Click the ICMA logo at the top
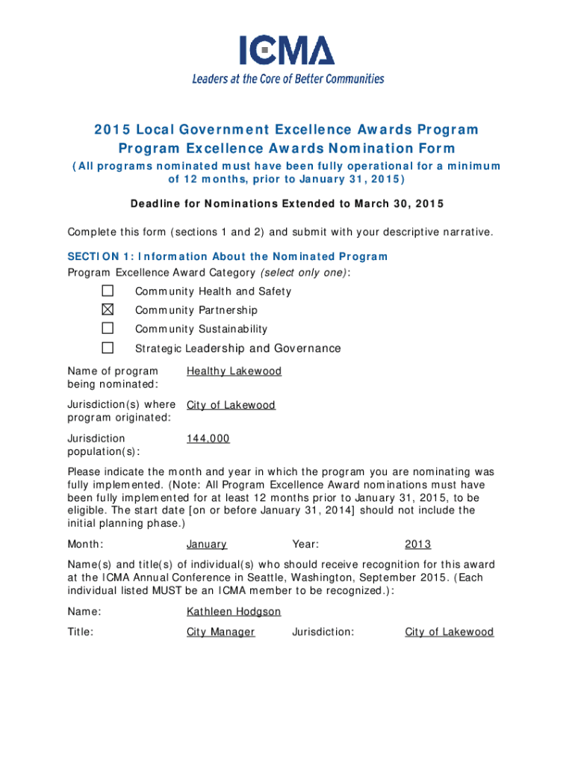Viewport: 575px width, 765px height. pyautogui.click(x=287, y=51)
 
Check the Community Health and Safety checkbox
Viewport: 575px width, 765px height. pyautogui.click(x=108, y=291)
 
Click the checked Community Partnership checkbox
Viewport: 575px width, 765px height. pyautogui.click(x=108, y=309)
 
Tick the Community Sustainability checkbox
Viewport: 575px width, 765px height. pyautogui.click(x=108, y=329)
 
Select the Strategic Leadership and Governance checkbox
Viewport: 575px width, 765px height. pyautogui.click(x=108, y=348)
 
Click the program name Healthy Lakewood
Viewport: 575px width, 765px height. pyautogui.click(x=234, y=371)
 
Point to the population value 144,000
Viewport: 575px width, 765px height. pyautogui.click(x=208, y=439)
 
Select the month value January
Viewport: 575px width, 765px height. pyautogui.click(x=207, y=545)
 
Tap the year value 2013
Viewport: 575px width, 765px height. pyautogui.click(x=417, y=545)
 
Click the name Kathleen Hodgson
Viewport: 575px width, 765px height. pyautogui.click(x=234, y=612)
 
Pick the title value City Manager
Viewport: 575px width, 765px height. pyautogui.click(x=220, y=632)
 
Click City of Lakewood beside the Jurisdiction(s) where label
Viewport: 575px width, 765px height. pyautogui.click(x=231, y=406)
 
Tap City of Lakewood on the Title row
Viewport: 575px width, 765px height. pyautogui.click(x=449, y=632)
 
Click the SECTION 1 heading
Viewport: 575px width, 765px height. pyautogui.click(x=228, y=257)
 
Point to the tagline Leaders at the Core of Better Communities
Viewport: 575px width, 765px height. pyautogui.click(x=287, y=78)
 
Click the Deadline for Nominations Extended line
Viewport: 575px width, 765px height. pyautogui.click(x=287, y=204)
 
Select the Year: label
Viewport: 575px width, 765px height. pyautogui.click(x=305, y=545)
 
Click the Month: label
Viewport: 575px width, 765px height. pyautogui.click(x=85, y=545)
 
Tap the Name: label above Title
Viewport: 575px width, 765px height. pyautogui.click(x=84, y=612)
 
